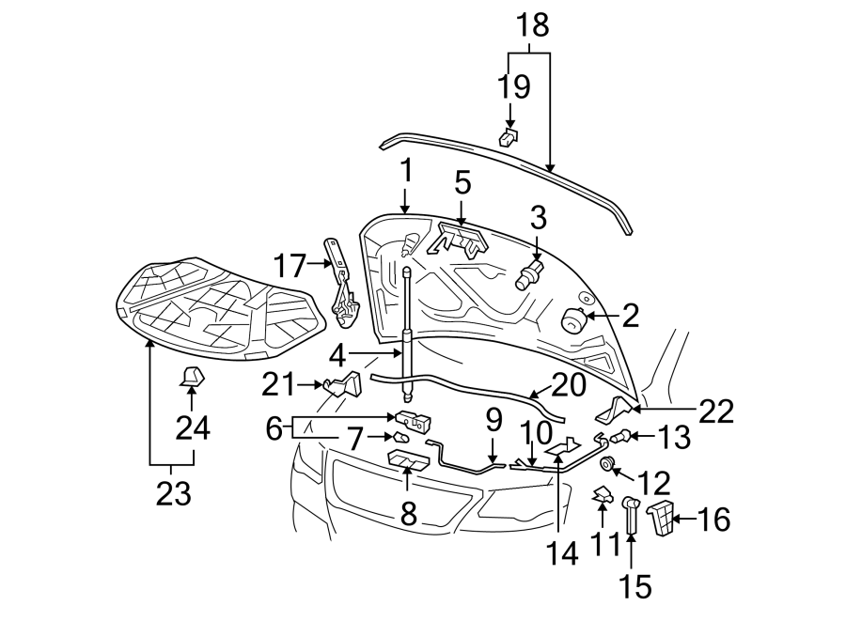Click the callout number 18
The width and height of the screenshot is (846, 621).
533,25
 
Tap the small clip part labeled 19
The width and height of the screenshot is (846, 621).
509,137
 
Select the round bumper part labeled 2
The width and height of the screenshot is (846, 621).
574,320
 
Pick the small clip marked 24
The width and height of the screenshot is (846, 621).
192,378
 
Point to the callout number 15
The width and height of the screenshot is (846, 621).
635,586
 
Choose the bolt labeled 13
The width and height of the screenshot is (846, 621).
621,434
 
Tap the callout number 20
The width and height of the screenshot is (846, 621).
569,385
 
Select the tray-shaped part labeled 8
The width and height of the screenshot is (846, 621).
409,459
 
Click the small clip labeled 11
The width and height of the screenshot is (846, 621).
603,495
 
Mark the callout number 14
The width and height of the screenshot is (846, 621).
562,553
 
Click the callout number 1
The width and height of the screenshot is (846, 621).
406,170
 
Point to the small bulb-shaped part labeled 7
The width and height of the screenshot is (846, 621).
400,436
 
